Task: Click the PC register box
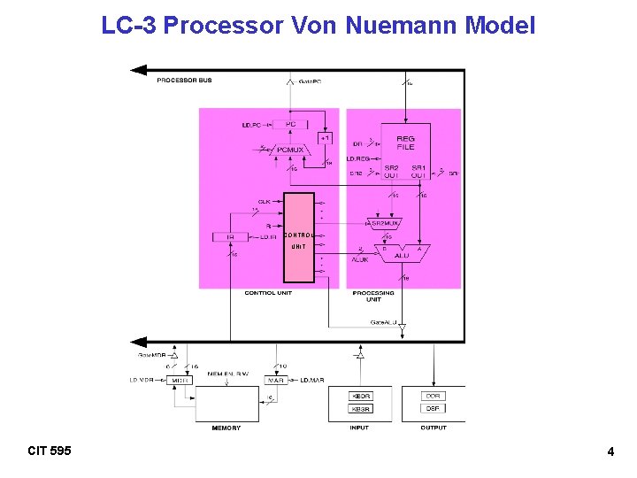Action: pos(291,125)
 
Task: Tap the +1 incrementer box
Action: pos(325,139)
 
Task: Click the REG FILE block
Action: pos(405,143)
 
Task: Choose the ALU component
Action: pos(402,254)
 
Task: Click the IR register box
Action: pos(231,236)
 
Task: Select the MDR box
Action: pos(180,380)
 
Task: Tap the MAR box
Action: pos(276,380)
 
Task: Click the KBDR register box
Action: pos(361,396)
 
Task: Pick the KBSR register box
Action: pos(361,409)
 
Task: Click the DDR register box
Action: pos(433,396)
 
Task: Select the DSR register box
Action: pos(433,409)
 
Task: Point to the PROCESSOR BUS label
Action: pos(184,81)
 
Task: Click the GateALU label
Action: pos(385,321)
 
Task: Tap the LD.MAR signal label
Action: pos(312,380)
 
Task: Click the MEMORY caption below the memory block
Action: pos(226,428)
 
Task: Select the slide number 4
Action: pos(610,452)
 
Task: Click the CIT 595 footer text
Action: pos(50,451)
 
